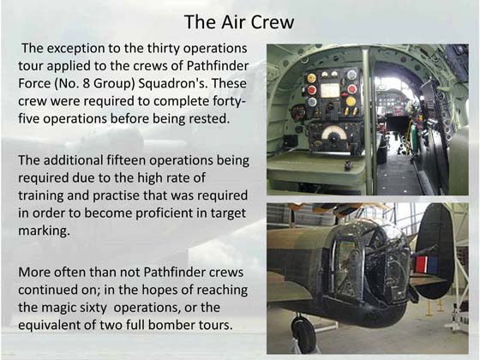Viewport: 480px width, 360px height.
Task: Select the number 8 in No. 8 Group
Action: tap(87, 84)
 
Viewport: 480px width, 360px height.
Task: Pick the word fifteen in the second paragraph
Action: tap(127, 160)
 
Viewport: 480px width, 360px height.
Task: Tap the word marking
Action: tap(44, 231)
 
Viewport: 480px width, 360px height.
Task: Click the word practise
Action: tap(117, 195)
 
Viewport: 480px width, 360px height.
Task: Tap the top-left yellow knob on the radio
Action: tap(311, 78)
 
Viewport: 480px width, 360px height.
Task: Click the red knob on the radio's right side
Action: tap(352, 89)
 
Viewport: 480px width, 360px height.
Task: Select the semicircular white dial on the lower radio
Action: tap(333, 134)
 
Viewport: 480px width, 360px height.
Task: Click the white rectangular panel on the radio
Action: tap(330, 90)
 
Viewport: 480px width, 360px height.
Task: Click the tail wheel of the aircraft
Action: tap(303, 333)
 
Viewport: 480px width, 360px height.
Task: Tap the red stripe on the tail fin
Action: tap(421, 265)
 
